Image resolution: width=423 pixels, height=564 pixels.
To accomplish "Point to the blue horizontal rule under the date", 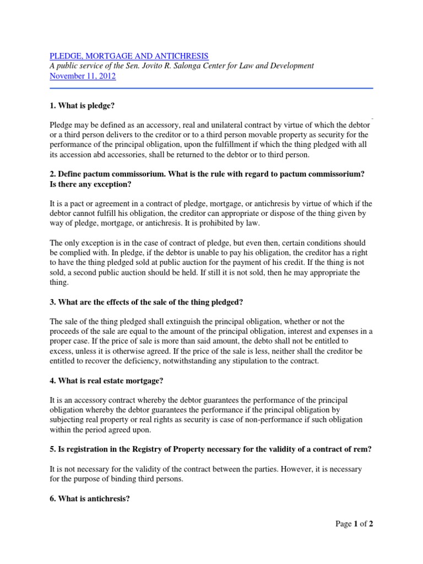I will (211, 88).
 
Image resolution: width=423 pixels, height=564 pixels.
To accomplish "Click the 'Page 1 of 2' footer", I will (355, 524).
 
